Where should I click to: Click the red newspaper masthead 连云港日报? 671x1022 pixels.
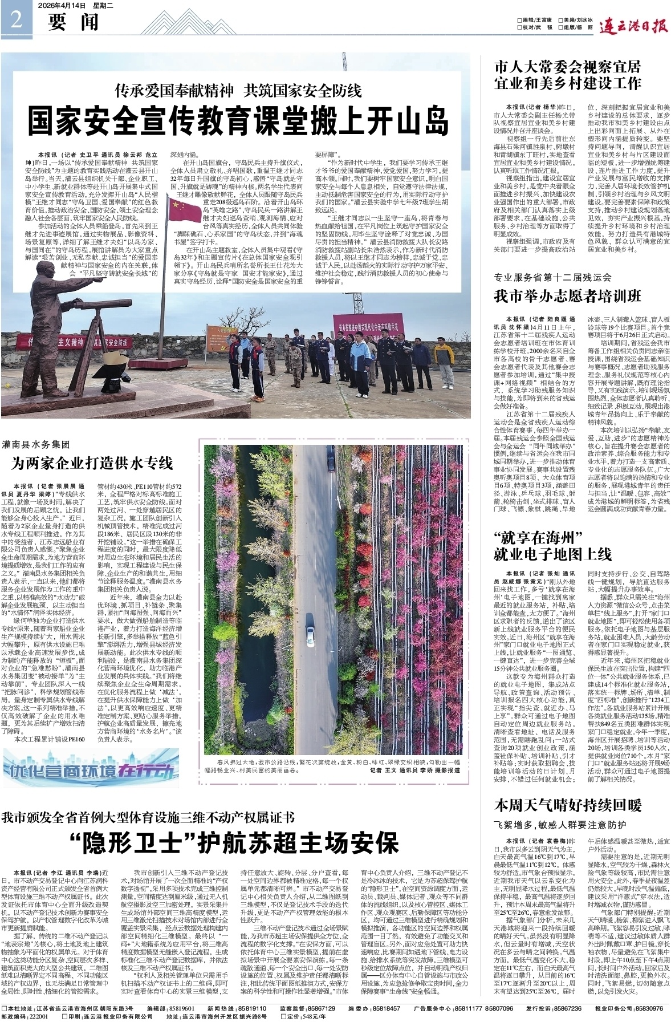635,25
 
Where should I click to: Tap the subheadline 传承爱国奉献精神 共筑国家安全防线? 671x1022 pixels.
238,90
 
